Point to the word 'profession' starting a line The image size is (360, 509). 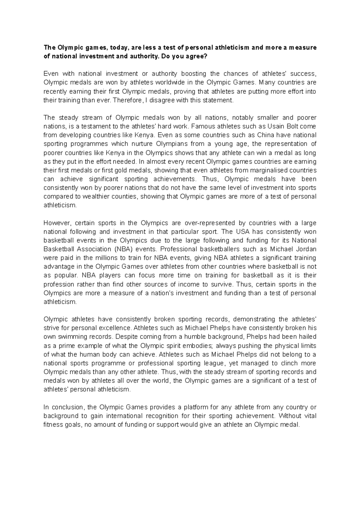(58, 284)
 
